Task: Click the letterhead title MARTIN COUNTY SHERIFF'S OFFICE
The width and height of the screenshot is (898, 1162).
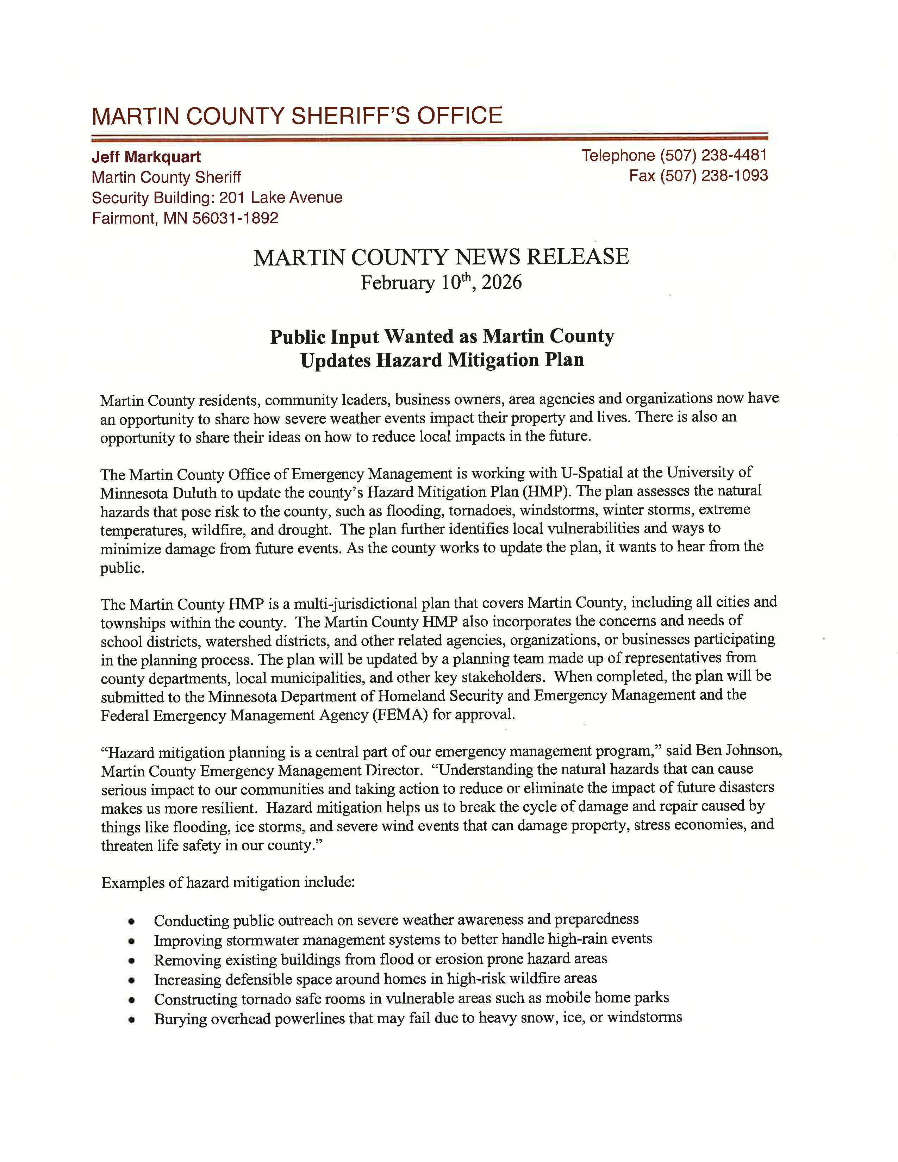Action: pyautogui.click(x=297, y=116)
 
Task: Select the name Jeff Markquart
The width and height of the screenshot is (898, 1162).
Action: pyautogui.click(x=146, y=157)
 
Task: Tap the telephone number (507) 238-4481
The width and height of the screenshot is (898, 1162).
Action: pyautogui.click(x=713, y=155)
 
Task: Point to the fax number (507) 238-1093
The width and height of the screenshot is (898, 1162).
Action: pyautogui.click(x=714, y=176)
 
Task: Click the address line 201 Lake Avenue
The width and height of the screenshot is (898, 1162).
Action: pyautogui.click(x=281, y=198)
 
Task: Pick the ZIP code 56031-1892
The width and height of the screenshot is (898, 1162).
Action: pyautogui.click(x=235, y=218)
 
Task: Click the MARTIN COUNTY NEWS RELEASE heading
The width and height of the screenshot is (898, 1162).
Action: pyautogui.click(x=441, y=257)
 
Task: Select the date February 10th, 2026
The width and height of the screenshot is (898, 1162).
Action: pyautogui.click(x=441, y=282)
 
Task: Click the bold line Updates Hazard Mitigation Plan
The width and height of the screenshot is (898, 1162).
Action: pyautogui.click(x=442, y=360)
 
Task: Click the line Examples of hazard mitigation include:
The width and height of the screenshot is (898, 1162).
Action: pyautogui.click(x=228, y=883)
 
